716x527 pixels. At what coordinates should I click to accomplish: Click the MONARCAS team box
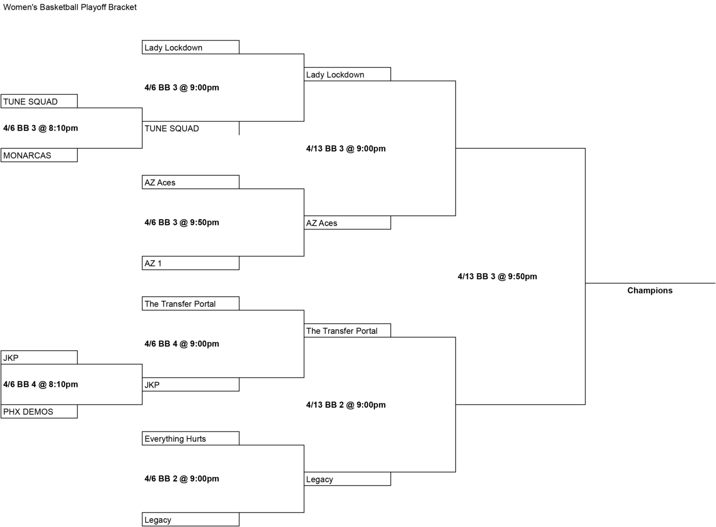(x=39, y=155)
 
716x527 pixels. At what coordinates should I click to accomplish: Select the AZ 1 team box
(x=191, y=263)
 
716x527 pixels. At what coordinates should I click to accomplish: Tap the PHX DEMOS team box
(x=39, y=411)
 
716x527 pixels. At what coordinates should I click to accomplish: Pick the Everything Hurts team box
(x=191, y=438)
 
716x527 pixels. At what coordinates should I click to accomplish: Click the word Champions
(x=650, y=291)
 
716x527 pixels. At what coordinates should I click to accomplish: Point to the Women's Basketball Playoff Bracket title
(x=69, y=7)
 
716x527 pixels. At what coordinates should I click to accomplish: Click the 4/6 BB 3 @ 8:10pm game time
(x=41, y=128)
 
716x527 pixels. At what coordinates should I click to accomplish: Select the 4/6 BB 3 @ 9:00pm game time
(x=181, y=87)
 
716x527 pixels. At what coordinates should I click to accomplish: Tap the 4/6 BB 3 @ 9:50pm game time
(x=181, y=222)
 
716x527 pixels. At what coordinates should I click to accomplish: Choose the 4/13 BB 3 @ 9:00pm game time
(x=346, y=148)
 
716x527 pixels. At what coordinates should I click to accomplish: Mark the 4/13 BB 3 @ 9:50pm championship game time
(x=497, y=276)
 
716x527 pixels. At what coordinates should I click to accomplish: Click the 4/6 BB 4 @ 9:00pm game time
(x=181, y=344)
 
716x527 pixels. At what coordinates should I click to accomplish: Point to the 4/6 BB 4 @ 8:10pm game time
(x=41, y=384)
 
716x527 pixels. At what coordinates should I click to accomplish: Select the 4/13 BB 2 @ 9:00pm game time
(x=346, y=404)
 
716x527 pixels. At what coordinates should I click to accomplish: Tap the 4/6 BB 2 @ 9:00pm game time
(x=181, y=478)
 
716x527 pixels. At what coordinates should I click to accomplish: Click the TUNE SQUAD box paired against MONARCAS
(x=39, y=101)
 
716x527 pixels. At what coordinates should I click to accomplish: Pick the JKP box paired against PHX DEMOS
(x=39, y=357)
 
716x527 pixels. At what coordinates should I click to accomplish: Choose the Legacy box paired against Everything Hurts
(x=191, y=520)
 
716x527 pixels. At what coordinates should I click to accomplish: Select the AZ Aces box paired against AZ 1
(x=191, y=182)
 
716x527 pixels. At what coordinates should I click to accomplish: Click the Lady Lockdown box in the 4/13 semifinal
(x=347, y=74)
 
